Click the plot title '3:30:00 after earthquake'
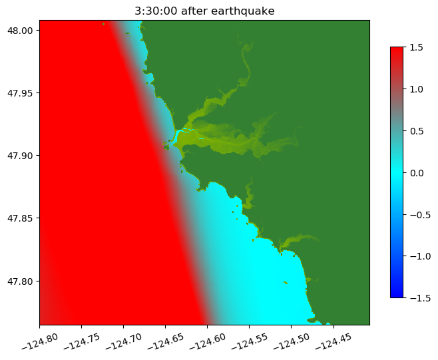tap(204, 11)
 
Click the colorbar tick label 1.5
tap(418, 47)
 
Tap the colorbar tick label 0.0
tap(418, 172)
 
